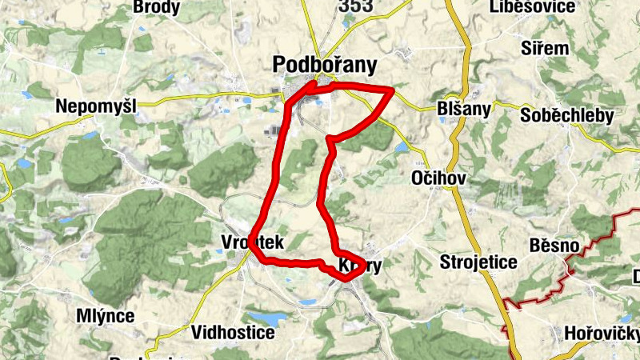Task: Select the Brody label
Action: click(x=157, y=7)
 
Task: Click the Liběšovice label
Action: click(x=535, y=7)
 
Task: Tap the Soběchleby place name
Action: click(x=566, y=115)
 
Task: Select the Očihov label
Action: click(x=437, y=177)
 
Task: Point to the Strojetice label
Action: click(x=478, y=262)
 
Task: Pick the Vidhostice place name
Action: click(x=233, y=331)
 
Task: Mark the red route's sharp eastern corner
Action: click(x=392, y=90)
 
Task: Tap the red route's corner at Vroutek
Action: click(x=255, y=249)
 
